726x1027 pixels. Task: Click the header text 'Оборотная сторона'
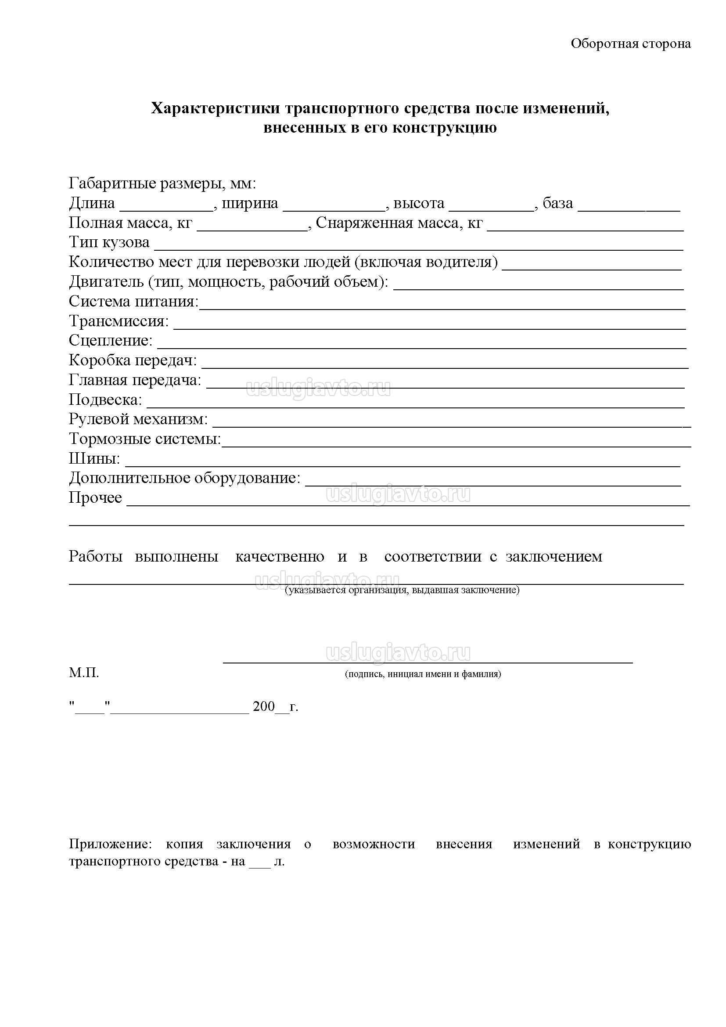pos(630,44)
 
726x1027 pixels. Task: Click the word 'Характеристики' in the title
pos(216,109)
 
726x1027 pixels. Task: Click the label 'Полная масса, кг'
pos(130,223)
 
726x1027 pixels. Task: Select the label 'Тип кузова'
pos(109,243)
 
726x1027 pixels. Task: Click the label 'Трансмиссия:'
pos(119,321)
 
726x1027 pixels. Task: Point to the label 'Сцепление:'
pos(111,341)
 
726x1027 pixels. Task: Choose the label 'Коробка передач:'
pos(133,360)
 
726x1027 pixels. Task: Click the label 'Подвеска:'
pos(105,400)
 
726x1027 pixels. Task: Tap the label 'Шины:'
pos(94,458)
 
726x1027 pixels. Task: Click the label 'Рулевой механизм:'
pos(138,419)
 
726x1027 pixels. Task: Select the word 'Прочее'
pos(95,498)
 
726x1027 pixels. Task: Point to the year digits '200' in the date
pos(264,707)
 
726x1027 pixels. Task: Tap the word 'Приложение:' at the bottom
pos(111,844)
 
